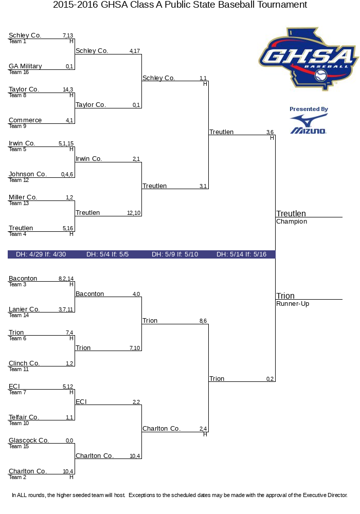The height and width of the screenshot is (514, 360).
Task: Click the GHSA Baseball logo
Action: point(308,59)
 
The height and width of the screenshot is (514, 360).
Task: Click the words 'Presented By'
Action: point(309,109)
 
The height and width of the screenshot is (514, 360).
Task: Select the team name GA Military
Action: point(25,66)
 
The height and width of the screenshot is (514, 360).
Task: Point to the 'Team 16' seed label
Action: point(19,72)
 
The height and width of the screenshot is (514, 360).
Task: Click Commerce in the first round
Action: point(25,120)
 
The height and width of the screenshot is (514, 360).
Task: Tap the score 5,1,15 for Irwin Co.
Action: point(66,143)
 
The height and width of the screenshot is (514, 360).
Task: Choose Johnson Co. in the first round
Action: point(28,174)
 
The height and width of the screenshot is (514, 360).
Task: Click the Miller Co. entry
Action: point(23,197)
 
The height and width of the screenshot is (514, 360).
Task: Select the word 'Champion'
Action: point(292,221)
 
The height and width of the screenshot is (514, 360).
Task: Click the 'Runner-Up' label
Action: point(293,304)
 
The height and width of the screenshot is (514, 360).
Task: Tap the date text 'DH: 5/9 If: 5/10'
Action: point(175,254)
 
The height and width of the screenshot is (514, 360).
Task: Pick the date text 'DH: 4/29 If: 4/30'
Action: point(41,254)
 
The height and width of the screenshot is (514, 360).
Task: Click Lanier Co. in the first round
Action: point(24,309)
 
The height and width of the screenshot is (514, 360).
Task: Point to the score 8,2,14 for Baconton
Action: point(66,279)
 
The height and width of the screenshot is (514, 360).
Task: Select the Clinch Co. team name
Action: point(24,363)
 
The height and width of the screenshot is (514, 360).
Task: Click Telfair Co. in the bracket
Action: point(24,417)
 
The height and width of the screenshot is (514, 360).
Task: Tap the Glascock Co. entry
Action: point(28,440)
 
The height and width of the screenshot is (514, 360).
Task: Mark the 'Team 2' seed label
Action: point(17,478)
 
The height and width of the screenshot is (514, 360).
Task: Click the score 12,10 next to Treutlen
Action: point(134,213)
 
